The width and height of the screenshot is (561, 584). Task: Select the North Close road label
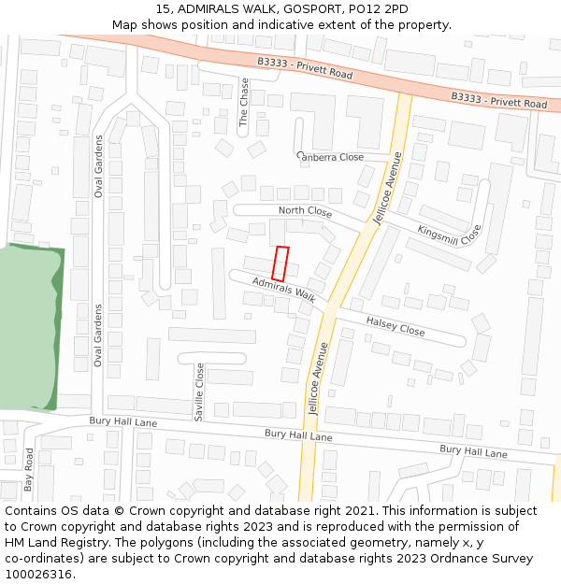[x=305, y=211]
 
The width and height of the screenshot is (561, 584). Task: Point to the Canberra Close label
[x=330, y=157]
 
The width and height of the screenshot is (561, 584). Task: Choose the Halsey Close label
[x=395, y=325]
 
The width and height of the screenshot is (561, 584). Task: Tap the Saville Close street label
[x=199, y=392]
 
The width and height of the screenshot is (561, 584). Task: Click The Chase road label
[x=245, y=102]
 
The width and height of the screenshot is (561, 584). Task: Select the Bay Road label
[x=29, y=470]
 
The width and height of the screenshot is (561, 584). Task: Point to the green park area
[x=28, y=327]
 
